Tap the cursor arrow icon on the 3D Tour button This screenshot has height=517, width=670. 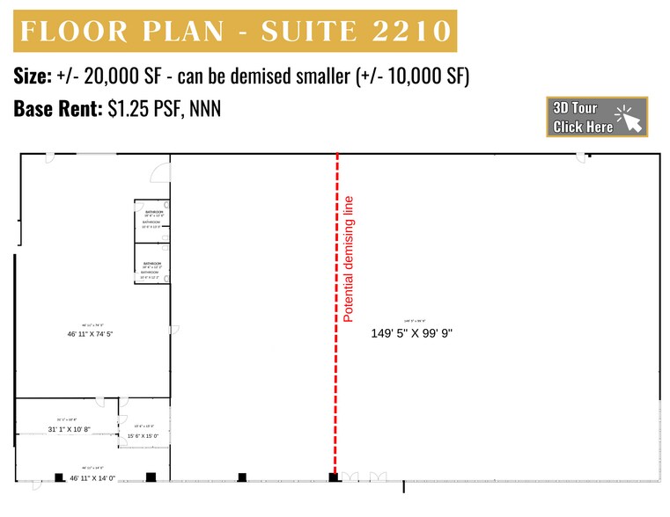tap(630, 118)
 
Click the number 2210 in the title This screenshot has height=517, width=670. tap(401, 33)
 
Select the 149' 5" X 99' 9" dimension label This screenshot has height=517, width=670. tap(411, 333)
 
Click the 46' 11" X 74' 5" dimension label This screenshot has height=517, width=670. tap(91, 334)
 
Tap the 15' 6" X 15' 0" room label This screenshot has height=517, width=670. tap(143, 436)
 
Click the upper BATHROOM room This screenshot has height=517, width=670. tap(150, 219)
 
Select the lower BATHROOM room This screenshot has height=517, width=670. tap(150, 266)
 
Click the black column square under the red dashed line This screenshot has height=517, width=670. tap(334, 477)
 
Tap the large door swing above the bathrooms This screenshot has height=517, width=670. tap(159, 172)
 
